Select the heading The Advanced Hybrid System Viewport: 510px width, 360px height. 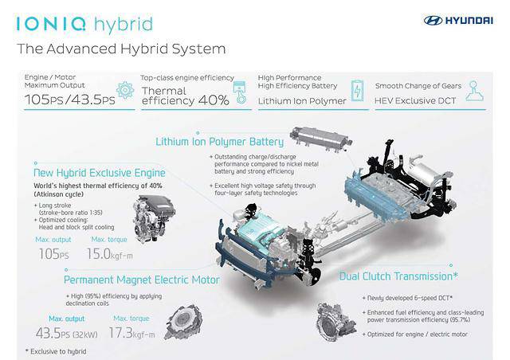point(121,49)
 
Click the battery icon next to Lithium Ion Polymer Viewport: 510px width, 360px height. point(359,90)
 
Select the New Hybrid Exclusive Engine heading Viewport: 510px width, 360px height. point(100,172)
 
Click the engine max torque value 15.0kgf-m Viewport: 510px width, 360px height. point(119,253)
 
